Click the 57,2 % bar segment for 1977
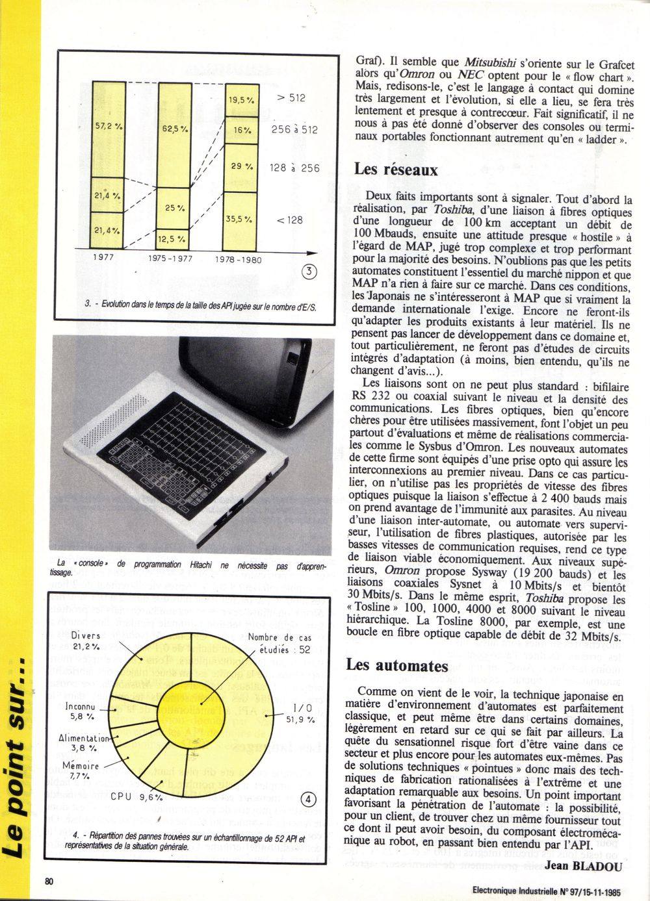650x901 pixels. click(x=108, y=129)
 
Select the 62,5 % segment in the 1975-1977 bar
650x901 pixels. click(x=174, y=135)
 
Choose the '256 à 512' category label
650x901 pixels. click(x=294, y=130)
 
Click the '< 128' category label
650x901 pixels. click(x=290, y=220)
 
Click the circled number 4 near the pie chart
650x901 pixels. click(x=310, y=799)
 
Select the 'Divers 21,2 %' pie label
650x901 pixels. click(x=86, y=641)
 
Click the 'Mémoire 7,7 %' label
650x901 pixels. click(x=81, y=770)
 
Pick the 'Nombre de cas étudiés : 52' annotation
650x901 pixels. click(x=279, y=643)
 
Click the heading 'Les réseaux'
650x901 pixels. click(x=396, y=170)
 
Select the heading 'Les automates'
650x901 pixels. click(x=397, y=665)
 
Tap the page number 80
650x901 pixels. click(x=50, y=881)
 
